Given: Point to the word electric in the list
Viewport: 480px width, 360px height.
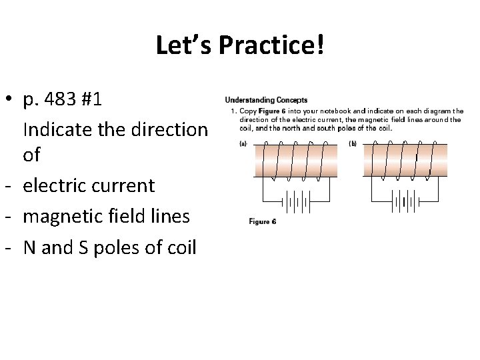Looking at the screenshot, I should click(x=55, y=185).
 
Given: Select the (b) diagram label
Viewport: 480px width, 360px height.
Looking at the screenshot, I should click(x=353, y=143).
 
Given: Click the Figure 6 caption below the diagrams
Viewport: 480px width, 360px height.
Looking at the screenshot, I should click(x=263, y=221).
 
